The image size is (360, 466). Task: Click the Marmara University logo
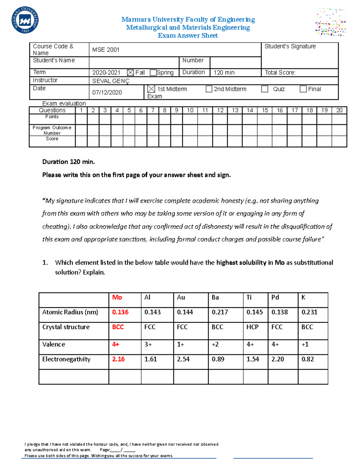tap(25, 20)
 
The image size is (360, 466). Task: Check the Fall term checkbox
tap(130, 73)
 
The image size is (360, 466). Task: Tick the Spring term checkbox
tap(153, 73)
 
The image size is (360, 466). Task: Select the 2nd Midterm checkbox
tap(209, 89)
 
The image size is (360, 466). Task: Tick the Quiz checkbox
tap(265, 89)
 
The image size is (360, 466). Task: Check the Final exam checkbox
tap(303, 89)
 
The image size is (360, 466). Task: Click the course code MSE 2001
tap(106, 50)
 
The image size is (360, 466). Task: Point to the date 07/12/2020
tap(107, 92)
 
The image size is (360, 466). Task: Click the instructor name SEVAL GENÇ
tap(111, 81)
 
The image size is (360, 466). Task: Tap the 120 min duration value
tap(224, 73)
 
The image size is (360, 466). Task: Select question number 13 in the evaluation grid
tap(235, 110)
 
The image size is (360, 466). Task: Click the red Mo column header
tap(117, 297)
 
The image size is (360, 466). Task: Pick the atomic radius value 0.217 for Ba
tap(220, 312)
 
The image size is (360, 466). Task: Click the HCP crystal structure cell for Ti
tap(252, 327)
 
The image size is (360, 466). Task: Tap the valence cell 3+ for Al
tap(148, 344)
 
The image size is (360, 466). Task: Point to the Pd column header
tap(275, 297)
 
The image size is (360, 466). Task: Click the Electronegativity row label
tap(66, 359)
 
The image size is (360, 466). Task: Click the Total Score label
tap(280, 73)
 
